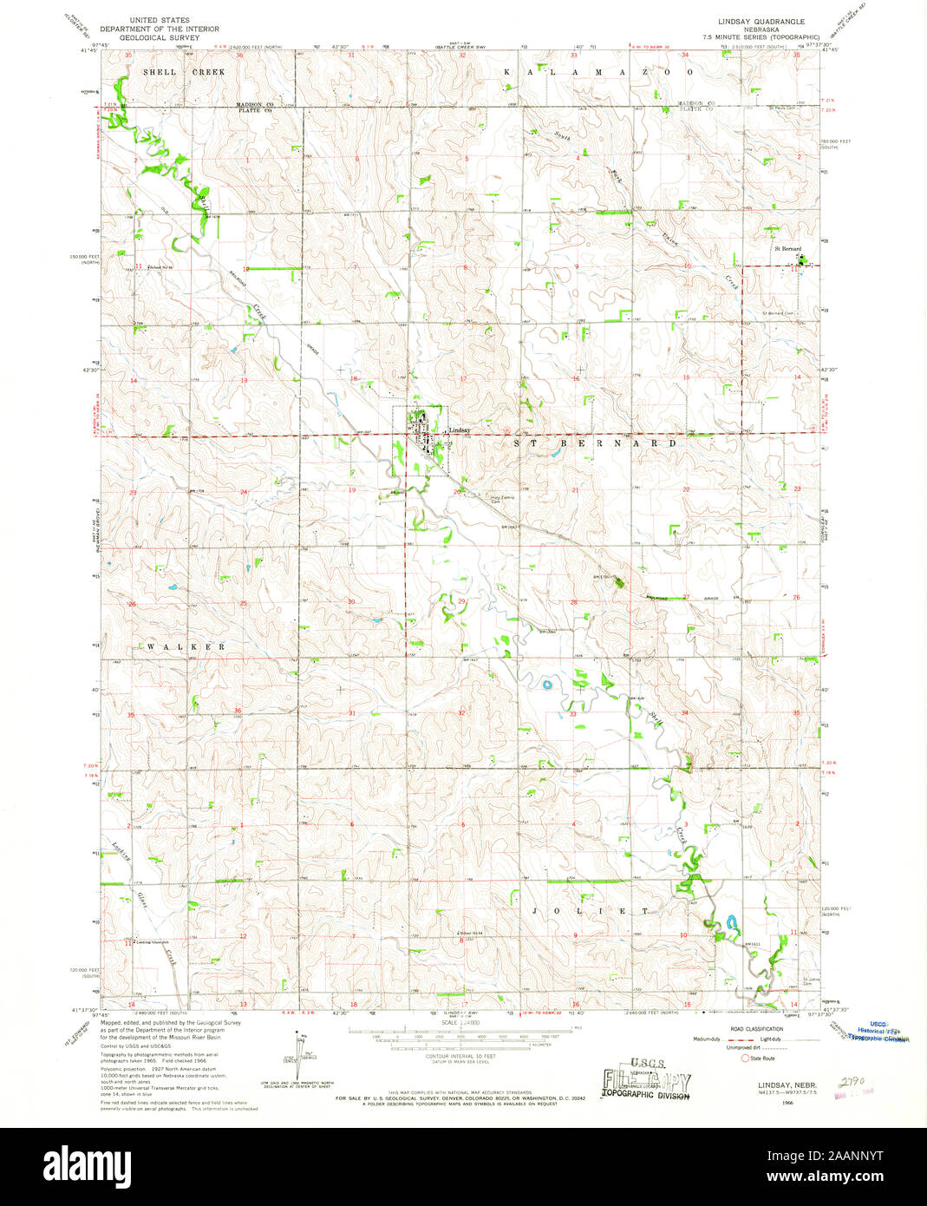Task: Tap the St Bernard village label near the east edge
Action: [787, 249]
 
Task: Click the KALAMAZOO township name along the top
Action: [598, 73]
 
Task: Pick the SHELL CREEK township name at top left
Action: [184, 73]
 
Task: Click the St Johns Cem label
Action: [809, 982]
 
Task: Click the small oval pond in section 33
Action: [547, 685]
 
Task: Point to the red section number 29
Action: [461, 600]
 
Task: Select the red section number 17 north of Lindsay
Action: [464, 379]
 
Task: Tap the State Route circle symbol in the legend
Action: [744, 1058]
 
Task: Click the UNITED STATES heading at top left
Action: [160, 19]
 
